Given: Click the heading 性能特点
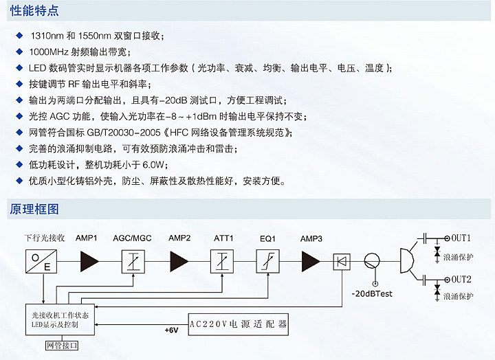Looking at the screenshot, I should pos(34,10).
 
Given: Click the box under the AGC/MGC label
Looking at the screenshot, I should pos(132,261).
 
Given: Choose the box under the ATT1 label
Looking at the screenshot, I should pos(223,261).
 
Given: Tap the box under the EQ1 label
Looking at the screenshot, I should pos(267,261).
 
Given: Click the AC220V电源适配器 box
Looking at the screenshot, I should pos(238,322).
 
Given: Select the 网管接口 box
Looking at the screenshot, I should pos(62,345).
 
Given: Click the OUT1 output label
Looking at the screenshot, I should pos(461,238).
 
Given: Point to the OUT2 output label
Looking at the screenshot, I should pos(461,279).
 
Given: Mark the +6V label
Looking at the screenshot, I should pos(171,330).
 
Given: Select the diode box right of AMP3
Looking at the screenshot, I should pos(342,261).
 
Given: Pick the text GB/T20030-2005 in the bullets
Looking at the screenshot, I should pos(120,133).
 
